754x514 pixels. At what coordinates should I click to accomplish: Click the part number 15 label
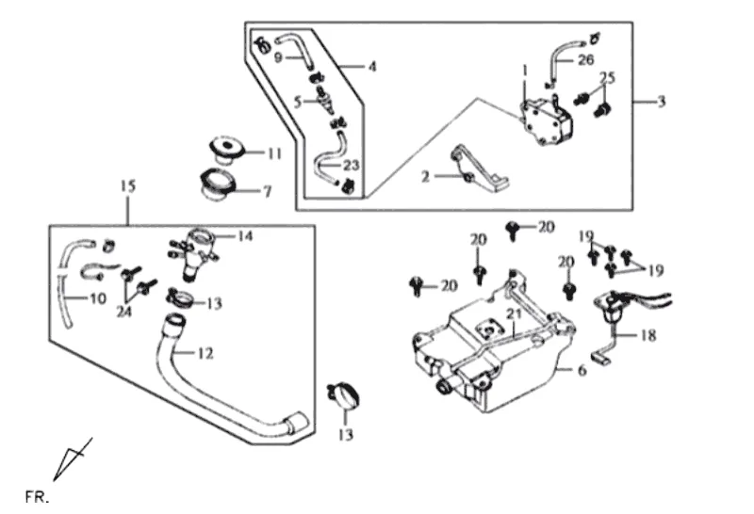click(x=127, y=186)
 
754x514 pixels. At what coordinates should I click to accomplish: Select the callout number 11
click(x=274, y=153)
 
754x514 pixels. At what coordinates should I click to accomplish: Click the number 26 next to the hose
click(x=586, y=59)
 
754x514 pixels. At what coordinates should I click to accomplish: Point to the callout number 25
click(x=607, y=76)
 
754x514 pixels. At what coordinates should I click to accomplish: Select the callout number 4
click(x=372, y=67)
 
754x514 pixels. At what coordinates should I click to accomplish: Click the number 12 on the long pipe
click(x=206, y=354)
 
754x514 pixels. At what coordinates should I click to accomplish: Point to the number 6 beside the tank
click(x=582, y=371)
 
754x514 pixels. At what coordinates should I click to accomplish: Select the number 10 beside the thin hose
click(x=98, y=299)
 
